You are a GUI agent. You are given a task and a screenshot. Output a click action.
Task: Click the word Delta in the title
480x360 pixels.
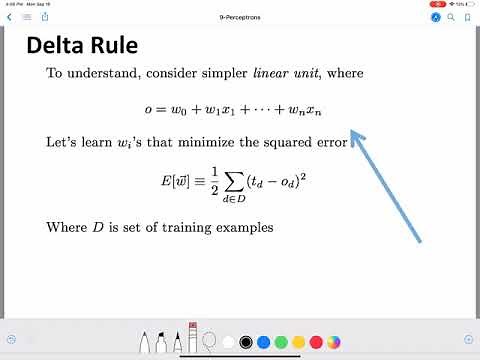pos(58,45)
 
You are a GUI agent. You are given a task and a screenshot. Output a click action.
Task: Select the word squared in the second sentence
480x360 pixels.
pos(287,142)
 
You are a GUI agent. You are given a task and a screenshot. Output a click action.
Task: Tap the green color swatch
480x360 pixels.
pos(280,340)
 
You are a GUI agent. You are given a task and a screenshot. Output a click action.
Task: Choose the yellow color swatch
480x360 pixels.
pos(298,340)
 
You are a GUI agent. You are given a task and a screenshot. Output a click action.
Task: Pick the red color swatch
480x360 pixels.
pos(316,340)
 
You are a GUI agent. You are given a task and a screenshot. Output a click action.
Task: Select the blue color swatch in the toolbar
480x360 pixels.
pos(263,340)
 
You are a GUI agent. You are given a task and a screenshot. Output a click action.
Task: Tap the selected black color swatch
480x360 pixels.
pos(245,340)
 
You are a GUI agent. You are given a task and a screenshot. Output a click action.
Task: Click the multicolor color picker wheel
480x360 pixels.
pos(334,340)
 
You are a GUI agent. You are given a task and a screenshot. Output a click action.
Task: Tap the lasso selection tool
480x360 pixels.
pos(208,340)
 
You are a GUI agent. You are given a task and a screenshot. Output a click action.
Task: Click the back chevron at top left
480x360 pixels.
pos(9,17)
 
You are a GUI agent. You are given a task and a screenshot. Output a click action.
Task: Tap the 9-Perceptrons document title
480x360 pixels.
pos(239,17)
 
